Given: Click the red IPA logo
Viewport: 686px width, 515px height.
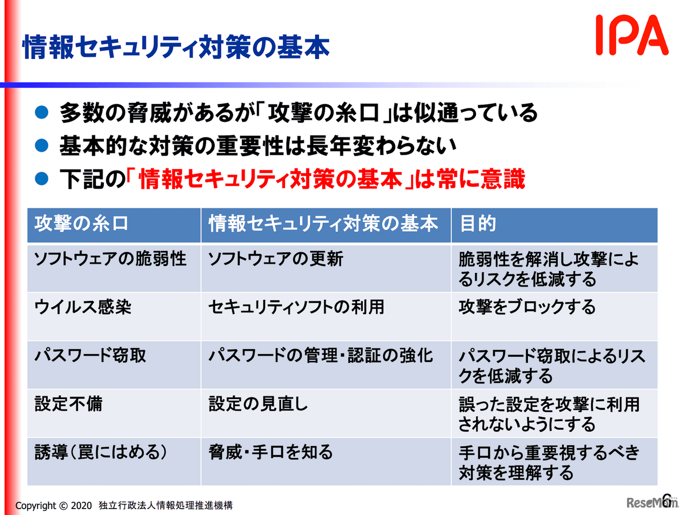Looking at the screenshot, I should pos(632,35).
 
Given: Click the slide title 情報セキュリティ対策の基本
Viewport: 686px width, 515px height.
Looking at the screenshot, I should pos(176,47).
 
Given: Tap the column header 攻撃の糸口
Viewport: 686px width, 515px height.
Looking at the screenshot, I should pos(81,223).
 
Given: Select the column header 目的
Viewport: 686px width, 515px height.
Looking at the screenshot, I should pos(478,223).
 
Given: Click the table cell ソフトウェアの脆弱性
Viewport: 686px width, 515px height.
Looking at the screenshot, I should pos(110,259).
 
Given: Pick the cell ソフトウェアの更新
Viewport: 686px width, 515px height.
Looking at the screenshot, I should pos(275,259).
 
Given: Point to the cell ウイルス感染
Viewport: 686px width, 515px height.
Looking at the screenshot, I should pos(83,307).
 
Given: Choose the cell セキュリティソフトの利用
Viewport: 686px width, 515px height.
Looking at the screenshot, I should pos(296,307).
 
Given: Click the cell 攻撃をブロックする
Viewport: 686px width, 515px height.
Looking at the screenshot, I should pos(527,307).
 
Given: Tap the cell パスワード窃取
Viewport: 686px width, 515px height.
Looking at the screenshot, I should pos(91,356).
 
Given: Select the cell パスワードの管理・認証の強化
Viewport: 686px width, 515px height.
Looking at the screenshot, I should pos(320,356).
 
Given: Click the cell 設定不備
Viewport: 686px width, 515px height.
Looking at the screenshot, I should pos(69,404).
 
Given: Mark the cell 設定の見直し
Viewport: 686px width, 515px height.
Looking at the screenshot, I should pos(258,404).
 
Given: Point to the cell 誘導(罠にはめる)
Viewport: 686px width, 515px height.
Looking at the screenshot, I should pos(101,452).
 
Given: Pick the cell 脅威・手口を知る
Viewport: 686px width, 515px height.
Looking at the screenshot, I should pos(271,452).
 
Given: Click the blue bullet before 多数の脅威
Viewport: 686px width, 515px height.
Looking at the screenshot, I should pos(42,113).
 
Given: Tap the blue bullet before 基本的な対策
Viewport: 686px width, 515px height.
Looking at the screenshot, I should pos(42,145).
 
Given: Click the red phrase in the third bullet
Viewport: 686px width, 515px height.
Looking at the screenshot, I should pos(271,179).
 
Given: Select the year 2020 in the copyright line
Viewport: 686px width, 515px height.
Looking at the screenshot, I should pos(81,505).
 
